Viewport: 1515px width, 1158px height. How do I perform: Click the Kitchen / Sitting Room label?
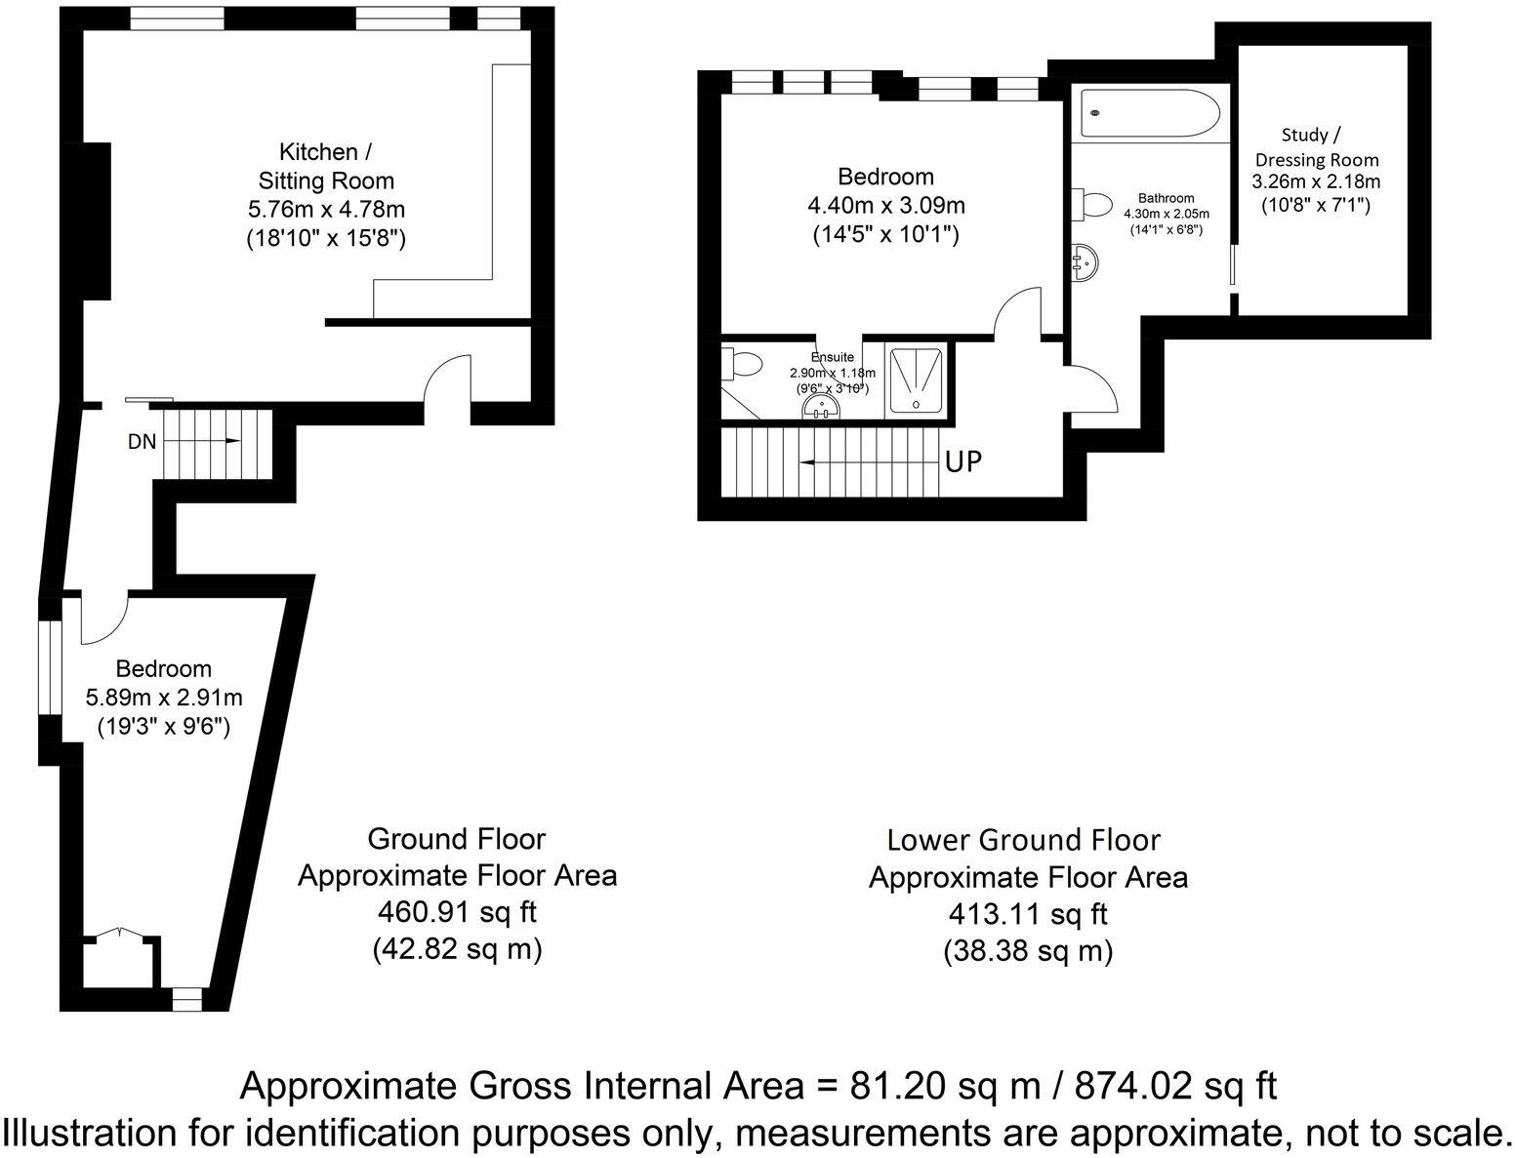coord(325,166)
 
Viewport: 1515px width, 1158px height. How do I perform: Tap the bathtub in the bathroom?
coord(1149,114)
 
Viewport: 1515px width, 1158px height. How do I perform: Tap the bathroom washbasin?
coord(1086,261)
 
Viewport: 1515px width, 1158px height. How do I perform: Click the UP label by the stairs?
coord(962,461)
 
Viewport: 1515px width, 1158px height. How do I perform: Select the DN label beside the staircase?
coord(142,441)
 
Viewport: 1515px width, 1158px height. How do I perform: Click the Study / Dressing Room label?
coord(1317,147)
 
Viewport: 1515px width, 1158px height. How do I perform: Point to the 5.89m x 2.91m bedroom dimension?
coord(164,698)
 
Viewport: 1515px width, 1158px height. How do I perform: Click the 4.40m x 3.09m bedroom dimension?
coord(886,206)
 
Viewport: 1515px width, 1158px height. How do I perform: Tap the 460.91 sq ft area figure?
coord(457,912)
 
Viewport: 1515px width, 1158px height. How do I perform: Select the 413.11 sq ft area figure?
coord(1028,914)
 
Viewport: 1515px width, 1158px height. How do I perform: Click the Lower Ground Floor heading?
coord(1023,840)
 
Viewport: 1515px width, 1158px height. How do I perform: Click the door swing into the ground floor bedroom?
coord(102,620)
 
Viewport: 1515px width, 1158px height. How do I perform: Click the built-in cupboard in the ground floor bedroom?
coord(116,961)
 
